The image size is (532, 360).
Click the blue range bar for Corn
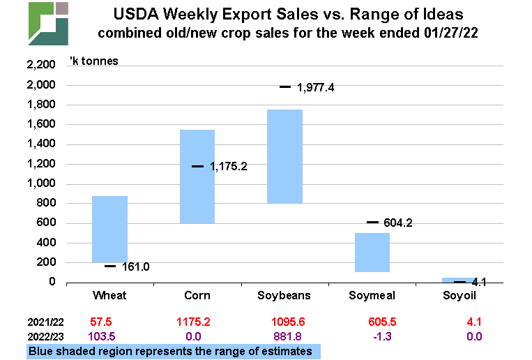click(x=197, y=177)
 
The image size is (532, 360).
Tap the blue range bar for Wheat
click(x=110, y=229)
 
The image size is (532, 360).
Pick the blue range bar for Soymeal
click(x=372, y=252)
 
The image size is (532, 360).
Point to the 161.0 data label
click(x=136, y=267)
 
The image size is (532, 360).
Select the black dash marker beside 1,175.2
click(x=197, y=166)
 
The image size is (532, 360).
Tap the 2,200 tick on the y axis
click(x=40, y=66)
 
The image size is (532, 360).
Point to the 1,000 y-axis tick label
click(x=40, y=184)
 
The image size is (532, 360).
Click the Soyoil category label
click(x=459, y=296)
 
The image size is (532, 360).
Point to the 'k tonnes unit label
click(x=93, y=61)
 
